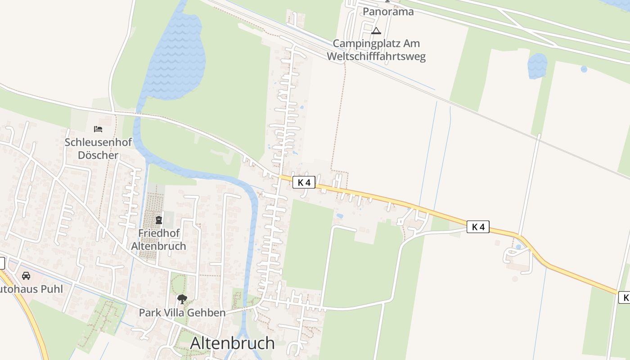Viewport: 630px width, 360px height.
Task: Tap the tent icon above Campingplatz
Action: pos(376,31)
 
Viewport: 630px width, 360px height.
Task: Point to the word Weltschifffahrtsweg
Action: pos(376,57)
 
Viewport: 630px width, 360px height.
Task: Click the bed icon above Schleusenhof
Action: pos(98,129)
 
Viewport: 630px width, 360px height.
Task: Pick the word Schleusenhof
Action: pos(98,142)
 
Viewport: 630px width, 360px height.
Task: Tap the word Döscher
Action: pos(98,155)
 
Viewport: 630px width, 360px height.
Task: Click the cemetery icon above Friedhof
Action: pos(158,220)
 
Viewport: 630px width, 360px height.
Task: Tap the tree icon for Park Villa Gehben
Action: pos(182,299)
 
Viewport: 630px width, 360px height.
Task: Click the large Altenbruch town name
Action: pos(232,343)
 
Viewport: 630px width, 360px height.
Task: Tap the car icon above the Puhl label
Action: pos(26,275)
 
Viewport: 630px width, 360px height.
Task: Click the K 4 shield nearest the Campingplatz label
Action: pos(304,182)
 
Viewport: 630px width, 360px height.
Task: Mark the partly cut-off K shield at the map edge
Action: pos(625,297)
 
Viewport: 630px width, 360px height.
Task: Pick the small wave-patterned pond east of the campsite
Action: pos(537,66)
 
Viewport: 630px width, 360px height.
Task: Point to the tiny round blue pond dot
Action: pos(584,69)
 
